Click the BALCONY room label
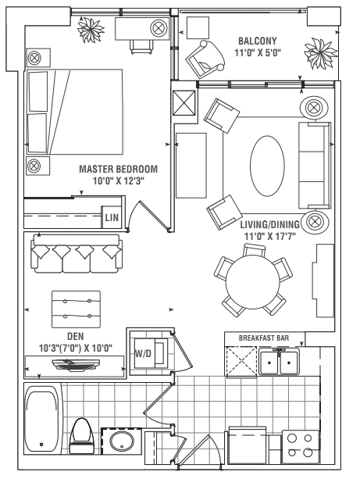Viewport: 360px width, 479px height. tap(258, 41)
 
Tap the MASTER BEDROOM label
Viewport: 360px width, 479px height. tap(119, 169)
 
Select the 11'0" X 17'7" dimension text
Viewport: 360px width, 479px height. tap(269, 236)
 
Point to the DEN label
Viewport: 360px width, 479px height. tap(75, 336)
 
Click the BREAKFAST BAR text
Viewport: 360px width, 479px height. tap(264, 338)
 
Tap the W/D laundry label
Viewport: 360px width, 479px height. tap(143, 354)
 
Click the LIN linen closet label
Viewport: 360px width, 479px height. tap(112, 217)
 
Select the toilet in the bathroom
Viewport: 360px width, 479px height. tap(82, 435)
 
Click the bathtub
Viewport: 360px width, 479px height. tap(42, 419)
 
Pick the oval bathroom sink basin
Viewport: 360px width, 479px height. tap(122, 441)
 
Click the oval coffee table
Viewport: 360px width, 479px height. tap(267, 166)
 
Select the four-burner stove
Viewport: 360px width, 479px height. tap(300, 446)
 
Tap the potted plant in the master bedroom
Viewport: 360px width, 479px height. tap(91, 30)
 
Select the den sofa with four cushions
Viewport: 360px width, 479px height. tap(77, 254)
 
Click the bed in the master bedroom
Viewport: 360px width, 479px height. tap(75, 112)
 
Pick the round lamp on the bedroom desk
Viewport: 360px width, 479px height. tap(159, 28)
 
